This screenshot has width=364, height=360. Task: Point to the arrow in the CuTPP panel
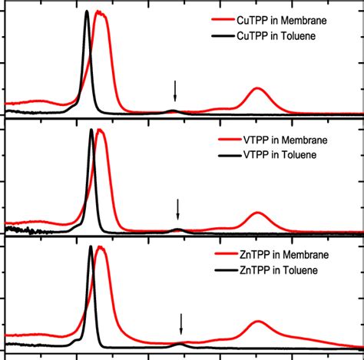[175, 91]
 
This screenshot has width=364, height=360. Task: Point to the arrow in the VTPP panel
[177, 210]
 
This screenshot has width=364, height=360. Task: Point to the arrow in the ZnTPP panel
[181, 324]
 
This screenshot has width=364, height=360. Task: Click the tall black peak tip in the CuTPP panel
[87, 12]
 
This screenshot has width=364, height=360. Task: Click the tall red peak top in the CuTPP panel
[101, 12]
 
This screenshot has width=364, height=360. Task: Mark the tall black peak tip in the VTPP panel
[91, 130]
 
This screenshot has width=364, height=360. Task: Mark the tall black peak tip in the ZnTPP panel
[91, 246]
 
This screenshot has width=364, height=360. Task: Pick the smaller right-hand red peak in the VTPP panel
[258, 213]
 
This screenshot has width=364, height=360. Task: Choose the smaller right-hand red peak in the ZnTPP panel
[258, 322]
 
